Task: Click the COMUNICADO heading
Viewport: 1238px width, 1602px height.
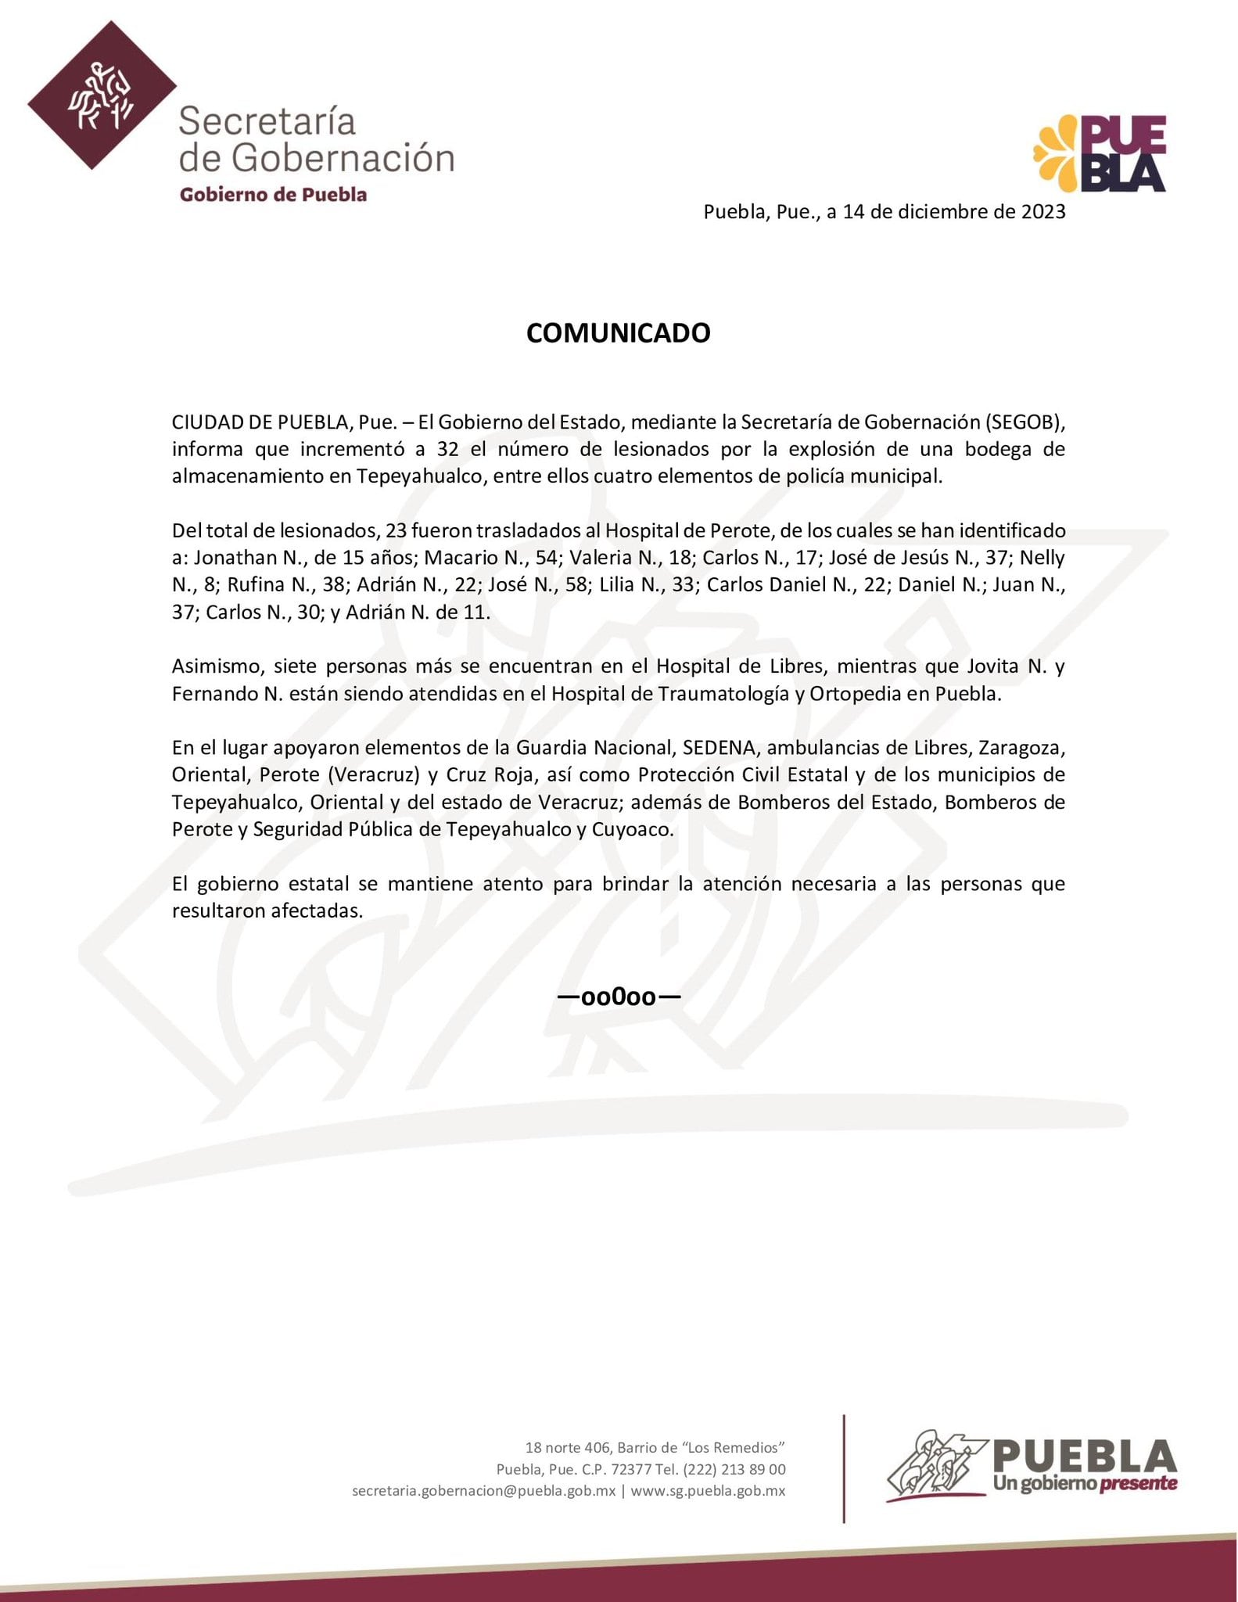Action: pyautogui.click(x=618, y=333)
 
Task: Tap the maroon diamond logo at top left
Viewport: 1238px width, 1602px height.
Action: pyautogui.click(x=102, y=95)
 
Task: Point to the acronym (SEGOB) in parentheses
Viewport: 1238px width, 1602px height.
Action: pyautogui.click(x=1024, y=422)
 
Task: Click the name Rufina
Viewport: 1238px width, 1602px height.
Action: pyautogui.click(x=256, y=585)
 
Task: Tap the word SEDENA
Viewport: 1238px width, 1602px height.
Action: pyautogui.click(x=719, y=748)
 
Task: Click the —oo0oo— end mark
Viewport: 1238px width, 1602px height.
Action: pyautogui.click(x=618, y=997)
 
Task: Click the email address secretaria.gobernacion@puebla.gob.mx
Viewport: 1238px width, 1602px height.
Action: pyautogui.click(x=483, y=1491)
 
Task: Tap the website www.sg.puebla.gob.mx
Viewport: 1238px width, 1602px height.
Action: pyautogui.click(x=708, y=1491)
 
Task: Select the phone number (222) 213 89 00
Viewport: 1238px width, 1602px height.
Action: pyautogui.click(x=734, y=1470)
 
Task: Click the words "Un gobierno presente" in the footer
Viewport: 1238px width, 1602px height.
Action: pyautogui.click(x=1085, y=1483)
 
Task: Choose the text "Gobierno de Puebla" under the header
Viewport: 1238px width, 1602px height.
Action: pyautogui.click(x=273, y=195)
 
